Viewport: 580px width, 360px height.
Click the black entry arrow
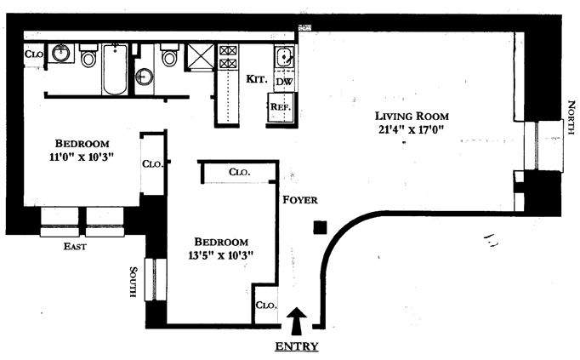pos(296,321)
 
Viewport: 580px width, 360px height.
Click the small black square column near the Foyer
pos(320,226)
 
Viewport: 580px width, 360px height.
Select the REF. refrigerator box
pos(281,107)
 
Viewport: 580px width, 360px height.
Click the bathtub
pos(115,71)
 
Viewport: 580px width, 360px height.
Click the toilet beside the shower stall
pos(168,58)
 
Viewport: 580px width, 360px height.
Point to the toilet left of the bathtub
pos(88,58)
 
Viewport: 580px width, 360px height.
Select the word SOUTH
pos(134,282)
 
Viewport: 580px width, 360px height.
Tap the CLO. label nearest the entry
pos(265,305)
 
